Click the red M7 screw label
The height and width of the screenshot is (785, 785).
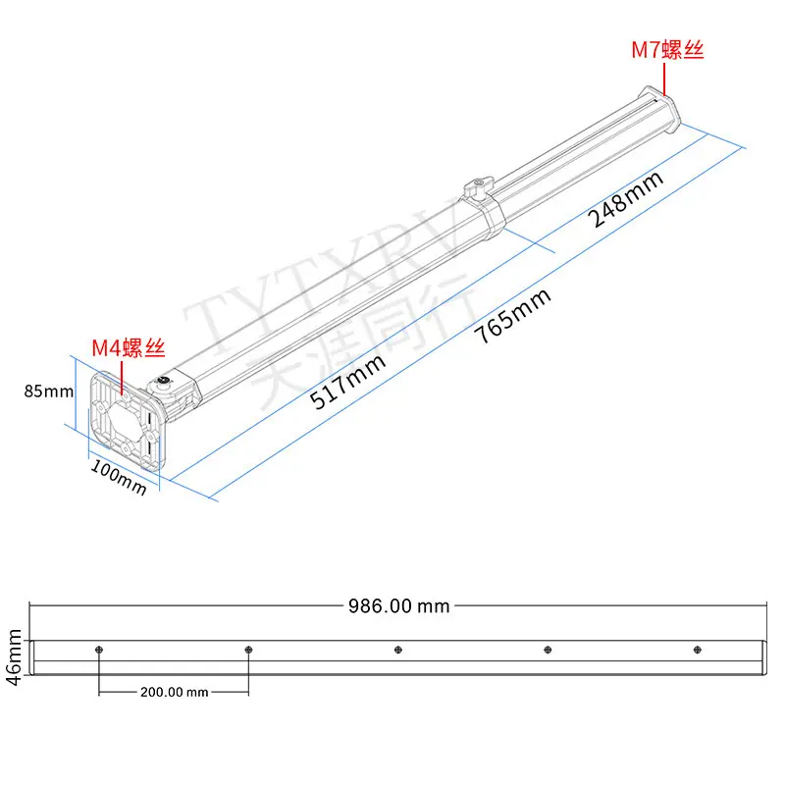(667, 50)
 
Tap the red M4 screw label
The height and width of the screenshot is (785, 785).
(129, 347)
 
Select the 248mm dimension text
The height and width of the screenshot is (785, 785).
(626, 199)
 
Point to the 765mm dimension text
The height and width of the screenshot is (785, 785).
(512, 316)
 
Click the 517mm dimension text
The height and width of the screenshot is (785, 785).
(347, 382)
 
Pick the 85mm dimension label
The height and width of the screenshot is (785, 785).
(48, 391)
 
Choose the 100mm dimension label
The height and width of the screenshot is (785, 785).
(119, 478)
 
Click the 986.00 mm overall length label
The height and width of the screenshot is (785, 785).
(399, 606)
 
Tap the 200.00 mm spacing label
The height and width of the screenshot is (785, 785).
(175, 692)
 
